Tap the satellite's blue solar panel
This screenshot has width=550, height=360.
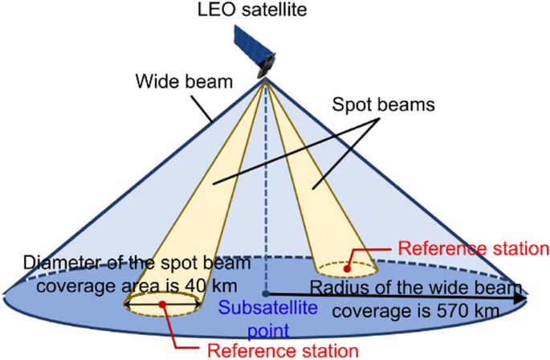[x=246, y=44]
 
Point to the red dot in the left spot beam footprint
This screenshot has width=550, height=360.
[x=163, y=304]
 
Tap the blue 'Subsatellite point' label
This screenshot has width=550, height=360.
[x=262, y=317]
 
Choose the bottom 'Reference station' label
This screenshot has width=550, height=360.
[x=282, y=350]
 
